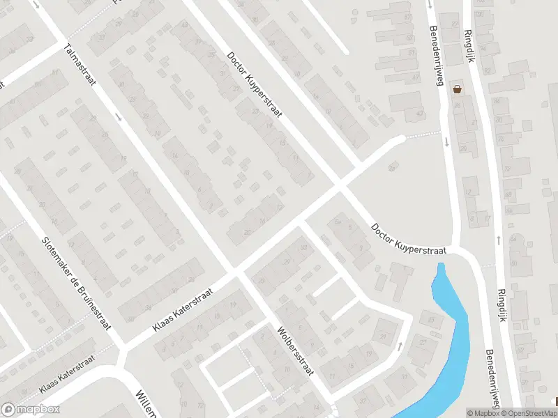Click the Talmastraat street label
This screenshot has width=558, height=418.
(79, 72)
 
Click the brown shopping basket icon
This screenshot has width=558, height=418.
(458, 89)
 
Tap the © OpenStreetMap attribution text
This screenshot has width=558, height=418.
(527, 412)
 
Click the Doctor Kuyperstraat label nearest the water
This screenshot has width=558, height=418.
(409, 238)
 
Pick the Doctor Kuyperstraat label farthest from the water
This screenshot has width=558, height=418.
(253, 85)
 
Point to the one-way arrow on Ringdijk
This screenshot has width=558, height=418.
(499, 240)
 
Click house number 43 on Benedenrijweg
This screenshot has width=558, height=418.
(420, 113)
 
